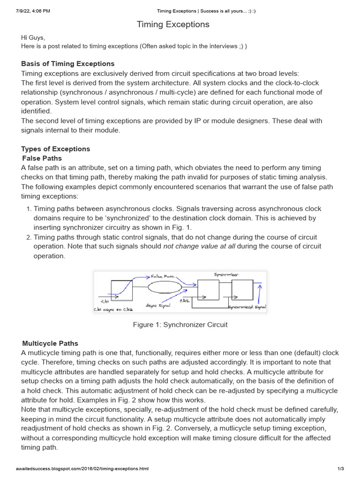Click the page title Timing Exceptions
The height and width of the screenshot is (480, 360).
(x=173, y=24)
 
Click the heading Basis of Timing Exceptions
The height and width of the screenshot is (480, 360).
(x=68, y=64)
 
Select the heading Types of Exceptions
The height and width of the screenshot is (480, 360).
(x=55, y=149)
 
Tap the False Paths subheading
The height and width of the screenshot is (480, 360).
(x=42, y=158)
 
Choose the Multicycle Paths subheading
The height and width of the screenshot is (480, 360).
(x=50, y=344)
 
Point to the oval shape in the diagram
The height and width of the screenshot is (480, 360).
(x=165, y=287)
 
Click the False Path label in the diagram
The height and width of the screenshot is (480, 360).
(x=163, y=277)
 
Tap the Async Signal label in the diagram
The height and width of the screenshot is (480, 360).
(x=158, y=306)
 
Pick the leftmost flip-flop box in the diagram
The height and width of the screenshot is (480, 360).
(x=121, y=291)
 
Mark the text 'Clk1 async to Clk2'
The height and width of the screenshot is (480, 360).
(x=113, y=309)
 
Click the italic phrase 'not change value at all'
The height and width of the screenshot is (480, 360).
(x=199, y=247)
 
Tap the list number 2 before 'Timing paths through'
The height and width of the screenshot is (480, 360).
(x=29, y=237)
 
